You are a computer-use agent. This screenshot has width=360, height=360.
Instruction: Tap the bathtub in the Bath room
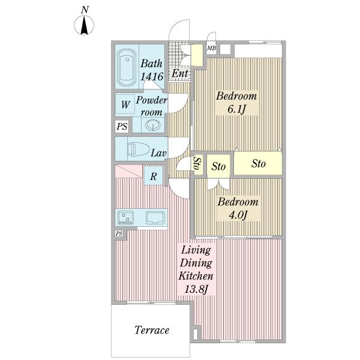click(x=126, y=68)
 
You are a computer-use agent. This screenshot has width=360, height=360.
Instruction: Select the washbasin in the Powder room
click(x=152, y=125)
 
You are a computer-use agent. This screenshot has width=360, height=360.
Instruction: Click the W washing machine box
click(x=125, y=104)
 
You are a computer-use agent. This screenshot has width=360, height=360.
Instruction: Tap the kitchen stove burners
click(x=125, y=217)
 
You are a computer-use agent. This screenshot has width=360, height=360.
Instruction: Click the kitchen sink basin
click(x=155, y=218)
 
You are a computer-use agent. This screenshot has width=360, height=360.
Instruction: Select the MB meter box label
click(x=211, y=48)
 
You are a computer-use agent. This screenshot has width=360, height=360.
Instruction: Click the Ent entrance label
click(x=180, y=73)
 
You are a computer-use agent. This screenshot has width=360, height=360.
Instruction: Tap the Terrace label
click(x=152, y=330)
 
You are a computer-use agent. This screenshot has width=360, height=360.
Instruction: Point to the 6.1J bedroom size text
click(x=236, y=109)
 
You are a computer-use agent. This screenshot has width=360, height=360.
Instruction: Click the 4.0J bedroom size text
click(x=238, y=215)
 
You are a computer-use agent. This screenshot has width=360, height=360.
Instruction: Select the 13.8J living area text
click(x=197, y=289)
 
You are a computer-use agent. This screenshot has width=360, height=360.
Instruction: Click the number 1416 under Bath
click(x=152, y=76)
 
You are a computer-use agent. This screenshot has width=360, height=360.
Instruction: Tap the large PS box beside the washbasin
click(x=122, y=126)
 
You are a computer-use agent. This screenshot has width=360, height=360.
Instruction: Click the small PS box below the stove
click(x=119, y=234)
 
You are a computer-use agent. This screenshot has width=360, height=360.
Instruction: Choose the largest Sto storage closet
click(x=258, y=163)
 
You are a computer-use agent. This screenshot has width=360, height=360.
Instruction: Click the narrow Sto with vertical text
click(x=197, y=163)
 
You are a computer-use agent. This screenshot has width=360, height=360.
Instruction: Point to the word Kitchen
click(x=196, y=276)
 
